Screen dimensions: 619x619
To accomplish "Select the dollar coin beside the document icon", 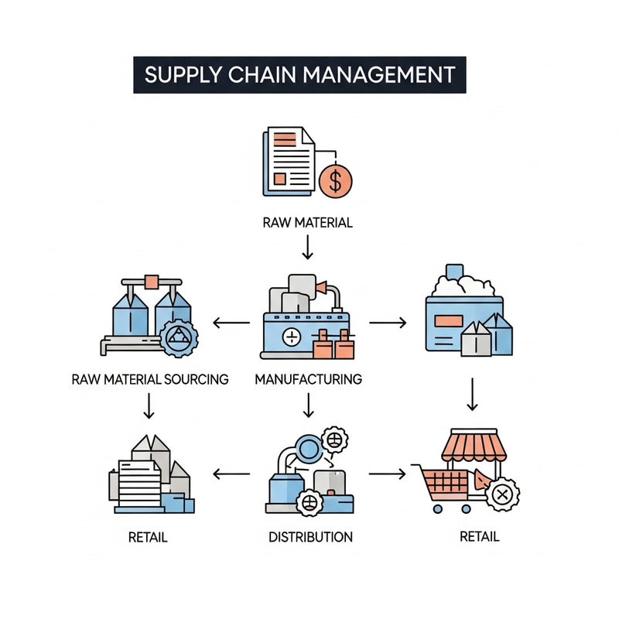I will pos(335,180).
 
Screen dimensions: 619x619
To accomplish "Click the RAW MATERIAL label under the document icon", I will pos(308,223).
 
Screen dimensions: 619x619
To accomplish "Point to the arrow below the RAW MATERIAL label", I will pos(308,248).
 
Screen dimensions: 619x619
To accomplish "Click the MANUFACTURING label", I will pos(308,379).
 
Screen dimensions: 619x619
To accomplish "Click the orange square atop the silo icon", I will pos(152,282).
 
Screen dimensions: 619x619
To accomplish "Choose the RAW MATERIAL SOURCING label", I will pos(150,379).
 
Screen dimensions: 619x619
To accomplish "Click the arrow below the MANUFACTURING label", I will pos(308,405).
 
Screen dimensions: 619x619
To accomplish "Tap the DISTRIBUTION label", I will pos(310,536).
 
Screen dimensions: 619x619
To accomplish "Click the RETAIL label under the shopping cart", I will pos(479,536).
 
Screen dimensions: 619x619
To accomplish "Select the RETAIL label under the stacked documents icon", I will pos(149,536).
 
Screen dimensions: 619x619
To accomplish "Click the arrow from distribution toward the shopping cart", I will pos(387,473).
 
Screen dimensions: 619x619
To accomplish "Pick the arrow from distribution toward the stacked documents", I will pos(231,473).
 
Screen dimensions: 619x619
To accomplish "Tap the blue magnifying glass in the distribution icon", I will pos(307,448).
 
